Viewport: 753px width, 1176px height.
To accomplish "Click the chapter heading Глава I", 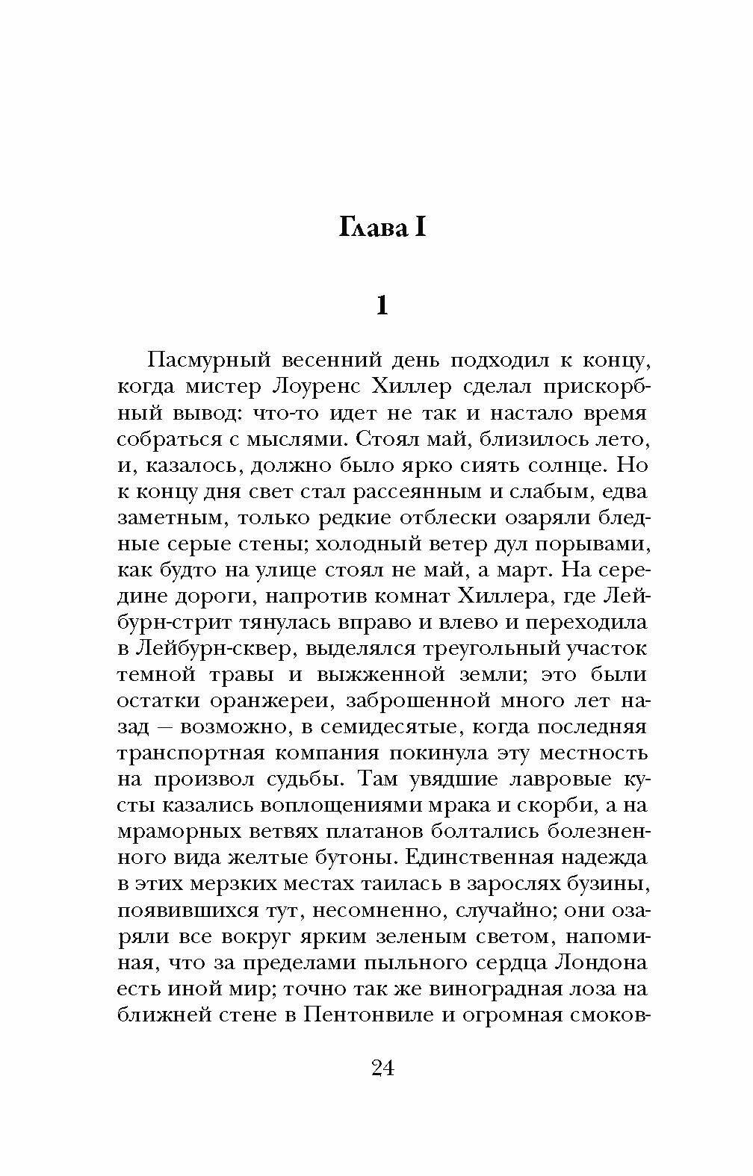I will [382, 227].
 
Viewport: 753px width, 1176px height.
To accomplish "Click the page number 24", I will [382, 1068].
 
